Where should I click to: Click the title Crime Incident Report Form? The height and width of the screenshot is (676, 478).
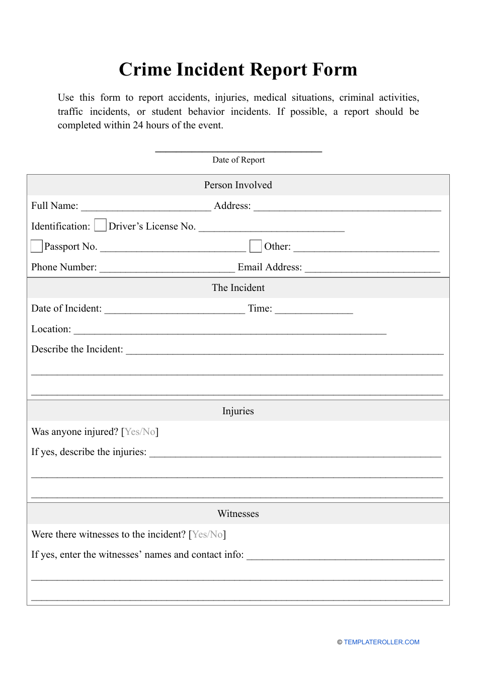coord(238,69)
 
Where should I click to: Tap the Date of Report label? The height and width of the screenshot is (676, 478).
coord(238,160)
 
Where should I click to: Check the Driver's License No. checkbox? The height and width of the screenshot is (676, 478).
coord(101,225)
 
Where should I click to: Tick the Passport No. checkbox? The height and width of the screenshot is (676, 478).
coord(37,246)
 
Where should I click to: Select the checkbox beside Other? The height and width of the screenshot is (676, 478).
coord(256,246)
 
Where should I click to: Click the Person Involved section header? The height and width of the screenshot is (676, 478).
coord(238,185)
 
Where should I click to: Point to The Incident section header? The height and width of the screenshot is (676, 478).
coord(238,288)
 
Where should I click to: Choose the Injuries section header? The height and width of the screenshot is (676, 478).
coord(238,411)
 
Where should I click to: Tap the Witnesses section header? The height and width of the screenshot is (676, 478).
coord(238,514)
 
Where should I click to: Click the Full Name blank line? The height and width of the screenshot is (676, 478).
coord(146,207)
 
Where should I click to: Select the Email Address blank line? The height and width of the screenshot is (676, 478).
coord(372,269)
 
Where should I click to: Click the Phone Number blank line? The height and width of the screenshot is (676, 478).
coord(167,269)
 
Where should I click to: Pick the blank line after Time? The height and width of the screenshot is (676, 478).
coord(314,310)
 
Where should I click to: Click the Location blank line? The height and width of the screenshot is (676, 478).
coord(230,331)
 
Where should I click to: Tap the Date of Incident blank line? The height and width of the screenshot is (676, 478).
coord(175,310)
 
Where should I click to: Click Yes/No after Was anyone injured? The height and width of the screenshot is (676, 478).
coord(140,432)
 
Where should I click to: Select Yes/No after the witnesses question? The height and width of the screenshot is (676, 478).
coord(207,535)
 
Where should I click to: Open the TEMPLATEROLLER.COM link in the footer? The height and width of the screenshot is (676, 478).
coord(381,642)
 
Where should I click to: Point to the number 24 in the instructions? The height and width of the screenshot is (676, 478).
coord(138,125)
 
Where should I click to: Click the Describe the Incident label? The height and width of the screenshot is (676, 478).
coord(77,349)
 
